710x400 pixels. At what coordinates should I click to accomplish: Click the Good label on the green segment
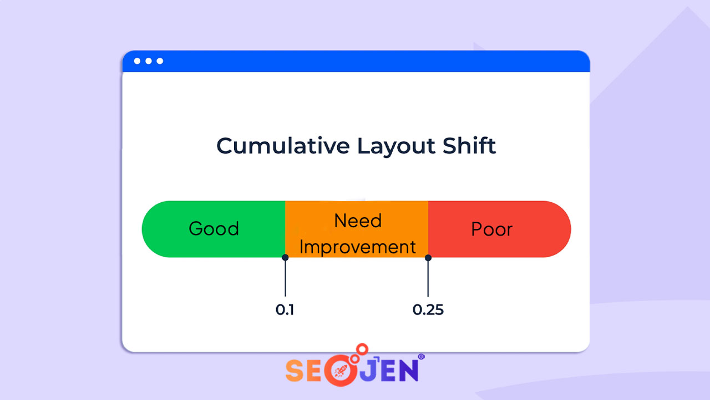[x=214, y=229]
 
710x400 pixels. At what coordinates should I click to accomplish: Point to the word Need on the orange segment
[x=358, y=221]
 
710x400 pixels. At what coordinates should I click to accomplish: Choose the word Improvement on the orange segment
[x=358, y=247]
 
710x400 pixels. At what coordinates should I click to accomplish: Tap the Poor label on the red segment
[x=492, y=229]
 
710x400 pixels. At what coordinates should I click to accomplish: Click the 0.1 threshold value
[x=285, y=310]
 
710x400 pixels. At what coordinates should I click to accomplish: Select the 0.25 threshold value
[x=428, y=310]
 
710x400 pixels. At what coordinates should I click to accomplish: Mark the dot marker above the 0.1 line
[x=285, y=257]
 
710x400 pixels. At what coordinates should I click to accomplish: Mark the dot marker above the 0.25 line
[x=428, y=257]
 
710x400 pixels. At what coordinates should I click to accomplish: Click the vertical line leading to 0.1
[x=285, y=278]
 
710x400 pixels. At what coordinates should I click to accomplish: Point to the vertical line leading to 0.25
[x=428, y=278]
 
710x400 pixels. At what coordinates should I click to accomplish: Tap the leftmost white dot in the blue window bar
[x=137, y=61]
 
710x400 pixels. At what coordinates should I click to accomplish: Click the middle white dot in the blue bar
[x=149, y=61]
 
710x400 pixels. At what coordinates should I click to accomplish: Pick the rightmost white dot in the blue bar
[x=160, y=61]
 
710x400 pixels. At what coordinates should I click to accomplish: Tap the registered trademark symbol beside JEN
[x=421, y=357]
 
